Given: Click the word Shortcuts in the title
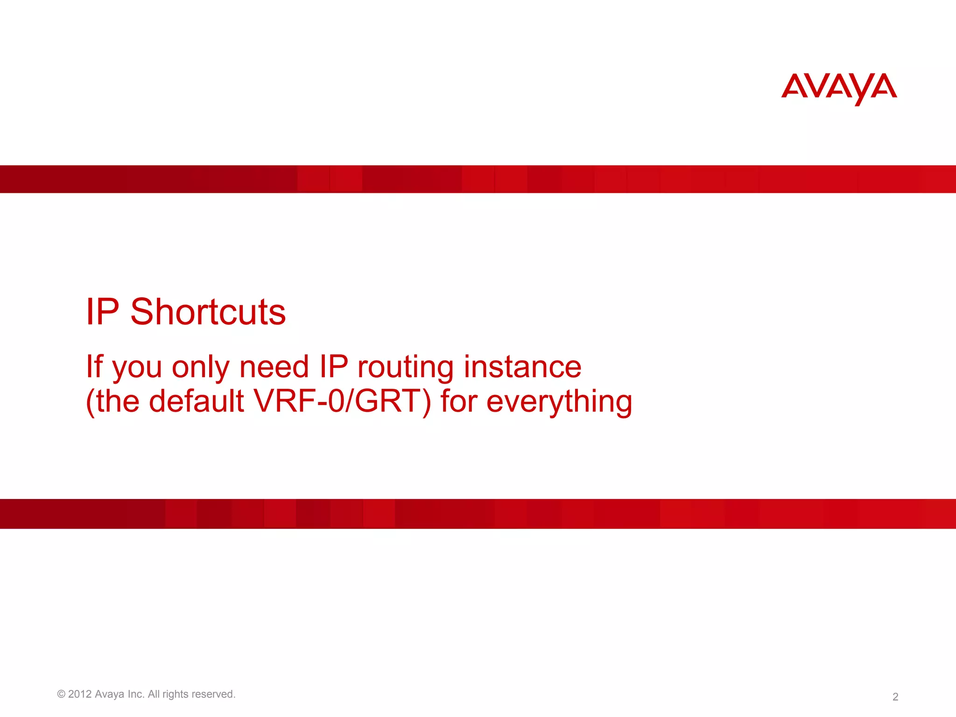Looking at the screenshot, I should [208, 312].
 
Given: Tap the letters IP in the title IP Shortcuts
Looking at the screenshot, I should [103, 312].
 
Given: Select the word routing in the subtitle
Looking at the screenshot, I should [405, 367].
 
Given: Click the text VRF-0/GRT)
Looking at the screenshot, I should [342, 401].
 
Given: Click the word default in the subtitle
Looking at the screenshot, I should [196, 401].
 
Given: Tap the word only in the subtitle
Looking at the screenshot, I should [201, 368].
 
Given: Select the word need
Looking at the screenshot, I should [274, 367].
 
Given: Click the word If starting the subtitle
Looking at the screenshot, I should [94, 367].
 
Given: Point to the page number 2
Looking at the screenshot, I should [895, 697].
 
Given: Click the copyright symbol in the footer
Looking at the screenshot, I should [61, 694].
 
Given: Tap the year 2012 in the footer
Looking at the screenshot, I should [80, 694].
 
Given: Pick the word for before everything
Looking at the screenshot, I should [459, 401].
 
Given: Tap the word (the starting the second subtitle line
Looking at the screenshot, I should [112, 401].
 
